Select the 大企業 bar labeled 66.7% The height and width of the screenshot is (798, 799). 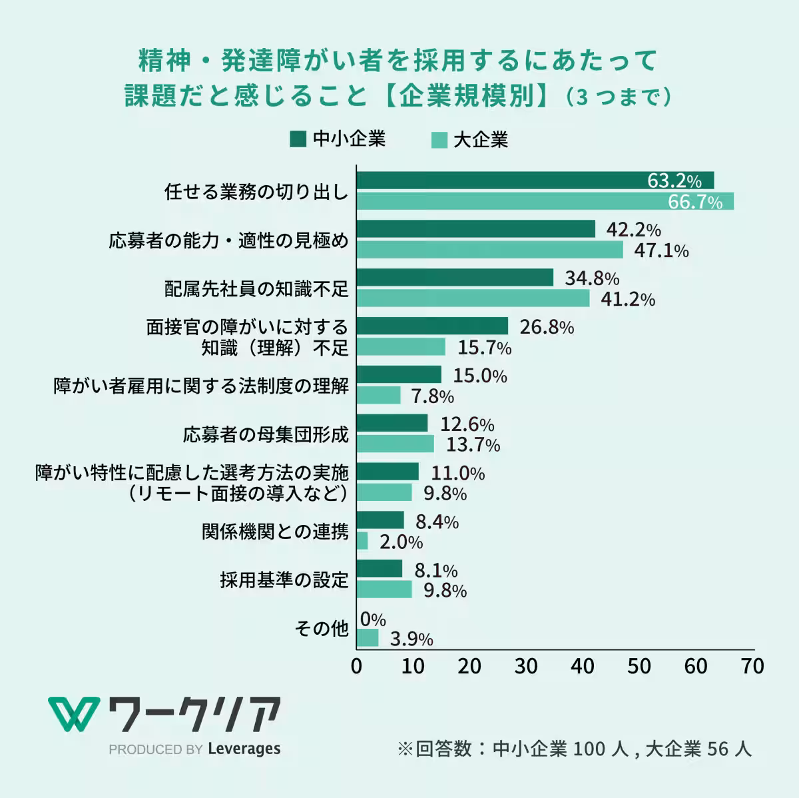[x=545, y=201]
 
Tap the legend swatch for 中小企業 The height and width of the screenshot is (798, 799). [x=298, y=139]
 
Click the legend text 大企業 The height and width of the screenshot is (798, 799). [x=480, y=140]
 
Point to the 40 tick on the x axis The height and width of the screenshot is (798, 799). [x=583, y=666]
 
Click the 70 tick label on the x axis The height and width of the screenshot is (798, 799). [x=752, y=666]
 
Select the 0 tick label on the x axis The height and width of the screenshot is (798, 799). [x=357, y=666]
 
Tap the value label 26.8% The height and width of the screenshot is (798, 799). [x=546, y=327]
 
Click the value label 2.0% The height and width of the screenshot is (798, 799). [x=401, y=542]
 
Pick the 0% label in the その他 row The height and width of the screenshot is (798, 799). [x=373, y=619]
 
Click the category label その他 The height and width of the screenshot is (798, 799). [x=322, y=628]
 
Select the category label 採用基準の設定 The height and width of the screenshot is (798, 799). [x=284, y=580]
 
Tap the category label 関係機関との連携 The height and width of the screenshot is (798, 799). [x=275, y=531]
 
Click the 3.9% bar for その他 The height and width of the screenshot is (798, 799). [x=368, y=638]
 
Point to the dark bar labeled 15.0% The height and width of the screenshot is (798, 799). [x=399, y=374]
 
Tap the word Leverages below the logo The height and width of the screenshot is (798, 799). [x=244, y=749]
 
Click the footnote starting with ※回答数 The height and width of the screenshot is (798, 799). [x=574, y=749]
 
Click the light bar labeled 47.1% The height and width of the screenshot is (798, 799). [x=490, y=250]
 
